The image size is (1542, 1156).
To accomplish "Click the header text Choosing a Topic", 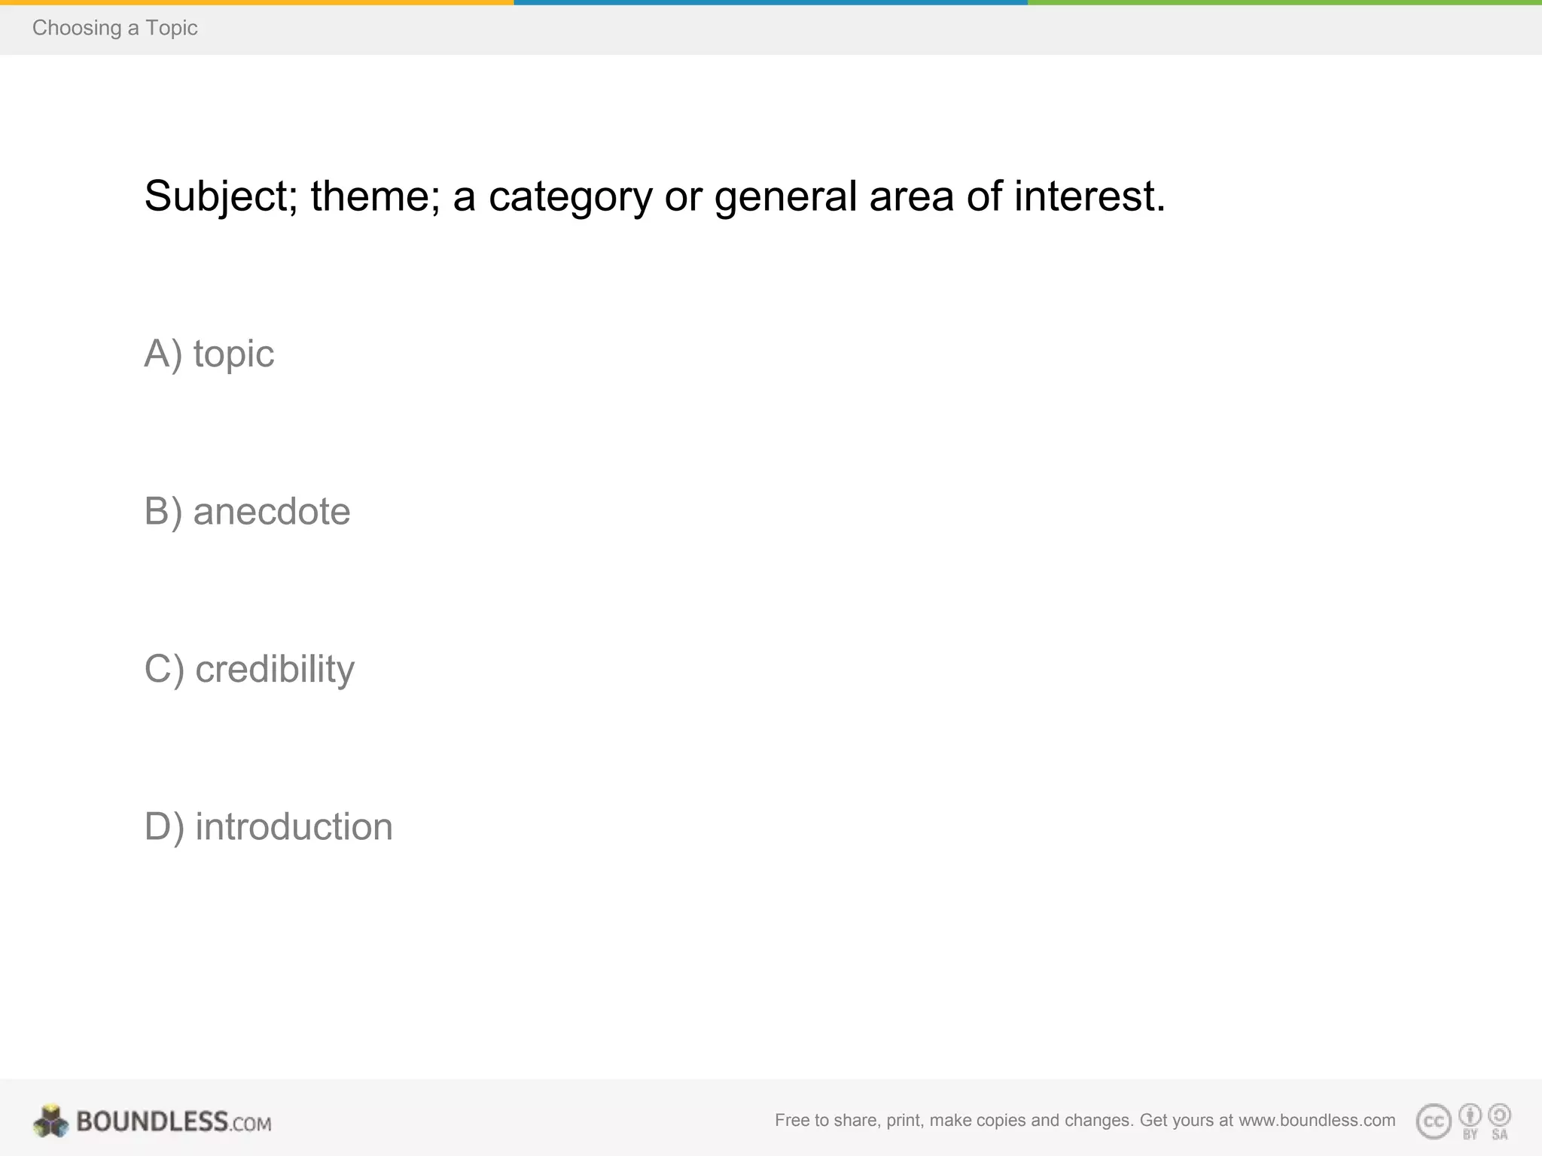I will tap(114, 28).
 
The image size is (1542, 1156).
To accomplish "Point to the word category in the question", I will tap(570, 196).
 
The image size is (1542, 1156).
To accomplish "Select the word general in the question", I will tap(785, 196).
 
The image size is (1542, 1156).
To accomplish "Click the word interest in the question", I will tap(1089, 196).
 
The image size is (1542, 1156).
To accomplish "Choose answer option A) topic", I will tap(209, 354).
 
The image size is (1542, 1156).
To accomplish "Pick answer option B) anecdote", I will tap(247, 512).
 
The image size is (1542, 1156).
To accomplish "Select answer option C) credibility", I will tap(249, 669).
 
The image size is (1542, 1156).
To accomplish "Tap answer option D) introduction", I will tap(268, 826).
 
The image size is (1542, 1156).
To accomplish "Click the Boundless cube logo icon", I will tap(51, 1121).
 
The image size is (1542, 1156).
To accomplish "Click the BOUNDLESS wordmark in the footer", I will tap(152, 1121).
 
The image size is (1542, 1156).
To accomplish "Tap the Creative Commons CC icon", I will tap(1434, 1121).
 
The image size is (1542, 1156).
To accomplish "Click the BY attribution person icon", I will tap(1470, 1115).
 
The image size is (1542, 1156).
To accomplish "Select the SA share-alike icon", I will tap(1499, 1115).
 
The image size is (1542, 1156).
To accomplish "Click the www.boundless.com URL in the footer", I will tap(1317, 1121).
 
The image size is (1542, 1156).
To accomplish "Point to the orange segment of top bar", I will tap(257, 2).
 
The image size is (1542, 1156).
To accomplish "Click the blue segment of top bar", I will tap(770, 2).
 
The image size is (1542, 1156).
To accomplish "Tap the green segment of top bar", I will tap(1284, 2).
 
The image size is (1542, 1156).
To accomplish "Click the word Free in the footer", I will tap(791, 1121).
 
